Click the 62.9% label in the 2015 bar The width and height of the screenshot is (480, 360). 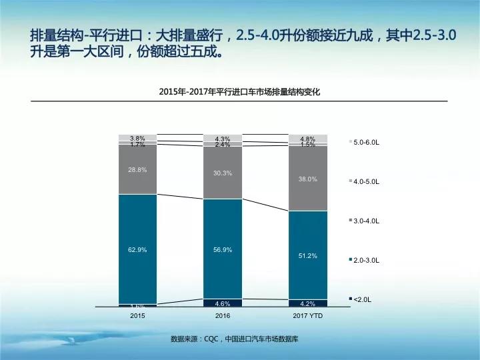tap(137, 249)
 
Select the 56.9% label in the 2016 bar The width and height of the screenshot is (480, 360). tap(223, 250)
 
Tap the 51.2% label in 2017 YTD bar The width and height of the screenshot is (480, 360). tap(308, 256)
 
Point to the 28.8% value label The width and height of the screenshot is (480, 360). tap(137, 170)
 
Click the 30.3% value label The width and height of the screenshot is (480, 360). tap(223, 173)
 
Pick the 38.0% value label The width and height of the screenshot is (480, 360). tap(308, 179)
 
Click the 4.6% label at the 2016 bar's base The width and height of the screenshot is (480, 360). tap(223, 303)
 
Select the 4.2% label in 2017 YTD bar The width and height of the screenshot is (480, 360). tap(308, 303)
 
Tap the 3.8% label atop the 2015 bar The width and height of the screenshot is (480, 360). tap(137, 138)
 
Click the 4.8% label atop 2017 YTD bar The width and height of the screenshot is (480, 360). tap(308, 139)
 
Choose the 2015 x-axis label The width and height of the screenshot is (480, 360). tap(137, 315)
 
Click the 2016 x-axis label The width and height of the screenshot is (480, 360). tap(223, 315)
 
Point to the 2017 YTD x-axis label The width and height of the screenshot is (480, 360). tap(308, 315)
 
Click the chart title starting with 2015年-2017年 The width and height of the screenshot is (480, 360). tap(240, 92)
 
